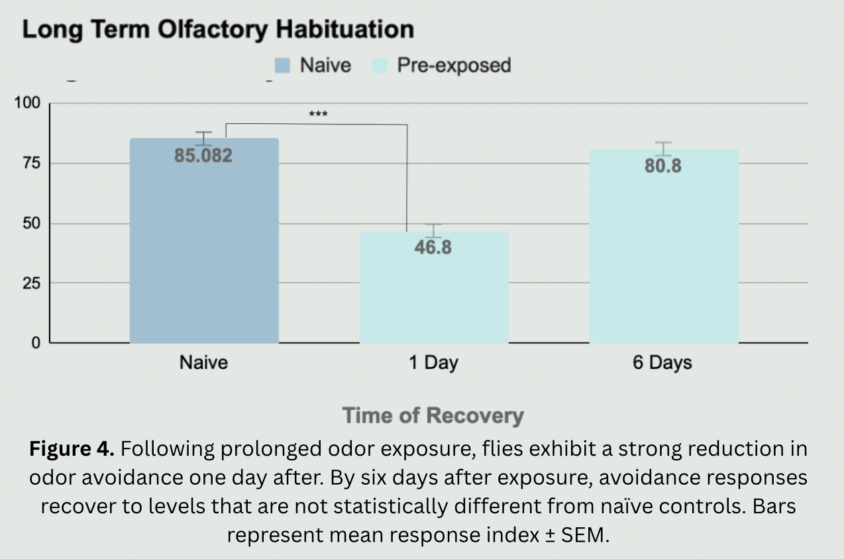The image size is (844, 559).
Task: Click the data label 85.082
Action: click(x=203, y=156)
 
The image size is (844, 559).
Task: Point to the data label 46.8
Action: click(x=433, y=248)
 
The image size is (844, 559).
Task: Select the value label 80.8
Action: click(x=663, y=166)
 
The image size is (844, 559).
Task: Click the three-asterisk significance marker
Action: click(x=318, y=114)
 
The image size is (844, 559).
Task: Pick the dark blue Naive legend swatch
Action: click(x=283, y=66)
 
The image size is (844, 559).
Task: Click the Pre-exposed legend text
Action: click(x=454, y=66)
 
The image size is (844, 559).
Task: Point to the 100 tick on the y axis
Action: click(x=28, y=103)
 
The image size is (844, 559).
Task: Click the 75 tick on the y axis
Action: click(x=32, y=164)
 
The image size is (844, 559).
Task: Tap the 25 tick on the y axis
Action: click(x=32, y=283)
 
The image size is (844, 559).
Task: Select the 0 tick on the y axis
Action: click(x=36, y=343)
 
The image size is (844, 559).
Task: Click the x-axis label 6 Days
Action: click(x=662, y=363)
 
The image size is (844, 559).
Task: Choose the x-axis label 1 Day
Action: click(x=433, y=363)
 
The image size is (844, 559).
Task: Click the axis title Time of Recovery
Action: click(x=433, y=416)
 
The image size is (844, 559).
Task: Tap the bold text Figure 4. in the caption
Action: click(x=72, y=449)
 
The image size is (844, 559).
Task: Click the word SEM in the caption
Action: click(x=584, y=535)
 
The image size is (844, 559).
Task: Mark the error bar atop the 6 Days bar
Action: click(x=664, y=149)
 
